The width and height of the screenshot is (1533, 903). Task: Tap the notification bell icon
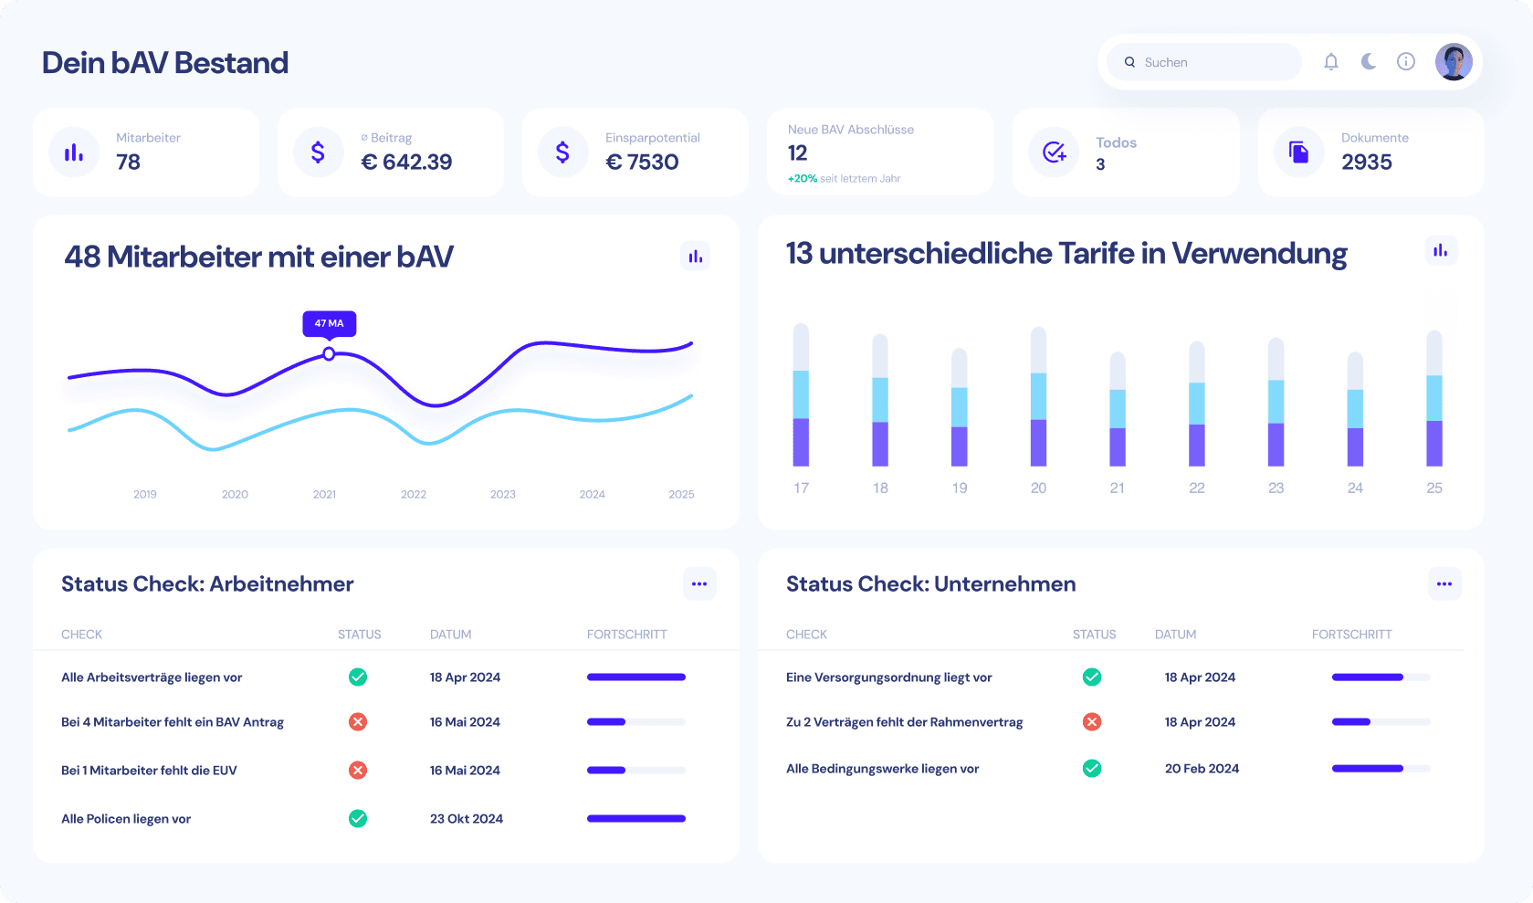[1331, 62]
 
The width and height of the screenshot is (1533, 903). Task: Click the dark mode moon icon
[1369, 61]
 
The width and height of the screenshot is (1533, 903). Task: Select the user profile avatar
[1454, 62]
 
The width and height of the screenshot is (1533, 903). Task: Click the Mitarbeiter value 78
[129, 163]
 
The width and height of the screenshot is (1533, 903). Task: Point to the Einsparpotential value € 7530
[643, 163]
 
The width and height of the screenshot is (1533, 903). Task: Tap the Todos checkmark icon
[1055, 152]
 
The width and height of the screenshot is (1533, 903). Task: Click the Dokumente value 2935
[1367, 163]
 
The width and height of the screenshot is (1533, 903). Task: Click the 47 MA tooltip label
[330, 323]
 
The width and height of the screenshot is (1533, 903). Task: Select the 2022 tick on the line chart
[414, 494]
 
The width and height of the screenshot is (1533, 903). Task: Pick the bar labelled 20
[1038, 397]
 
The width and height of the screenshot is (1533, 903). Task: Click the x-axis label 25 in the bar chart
[1434, 488]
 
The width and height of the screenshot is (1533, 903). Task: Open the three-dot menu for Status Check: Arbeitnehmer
[699, 584]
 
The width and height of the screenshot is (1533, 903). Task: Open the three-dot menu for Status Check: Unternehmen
[1444, 584]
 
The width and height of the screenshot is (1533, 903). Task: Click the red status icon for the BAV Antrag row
[358, 722]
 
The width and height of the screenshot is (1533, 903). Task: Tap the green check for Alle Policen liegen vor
[358, 819]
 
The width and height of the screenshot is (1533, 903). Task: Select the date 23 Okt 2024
[467, 819]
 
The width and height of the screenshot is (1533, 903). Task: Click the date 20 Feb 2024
[1202, 769]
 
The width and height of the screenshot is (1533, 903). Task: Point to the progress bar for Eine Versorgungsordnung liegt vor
[1381, 677]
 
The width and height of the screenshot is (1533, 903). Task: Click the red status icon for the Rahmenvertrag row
[1092, 722]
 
